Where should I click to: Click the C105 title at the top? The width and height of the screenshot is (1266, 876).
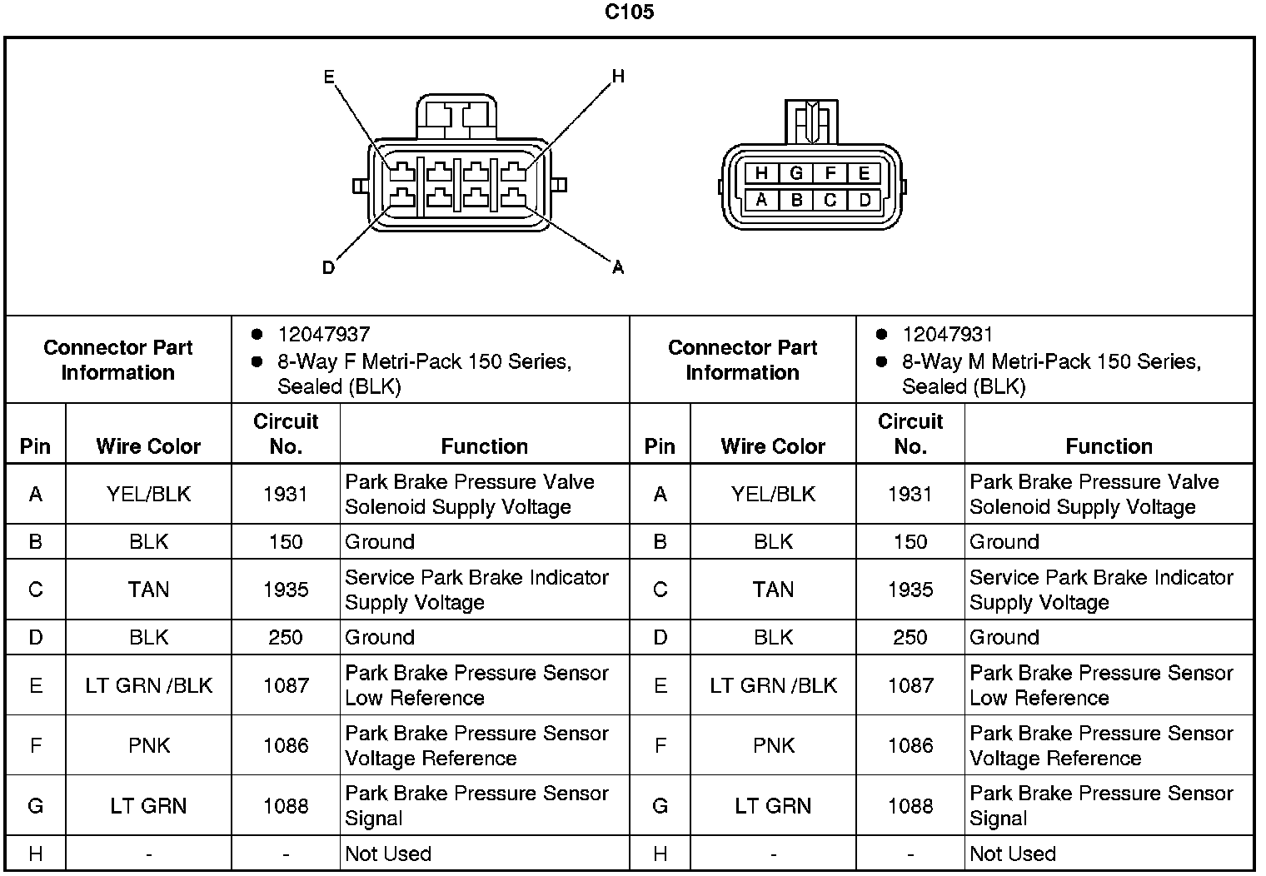tap(629, 12)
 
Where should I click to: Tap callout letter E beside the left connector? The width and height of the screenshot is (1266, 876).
tap(329, 77)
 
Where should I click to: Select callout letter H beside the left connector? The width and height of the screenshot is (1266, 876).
tap(618, 77)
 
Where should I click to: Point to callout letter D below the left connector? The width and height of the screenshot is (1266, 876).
tap(328, 268)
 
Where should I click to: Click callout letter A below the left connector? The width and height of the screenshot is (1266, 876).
tap(618, 268)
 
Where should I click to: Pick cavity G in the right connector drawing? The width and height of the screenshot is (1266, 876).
tap(796, 173)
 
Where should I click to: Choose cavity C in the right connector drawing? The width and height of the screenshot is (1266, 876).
tap(830, 200)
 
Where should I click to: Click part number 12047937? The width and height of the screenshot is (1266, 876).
tap(323, 335)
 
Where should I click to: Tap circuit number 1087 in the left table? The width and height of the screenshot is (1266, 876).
tap(286, 685)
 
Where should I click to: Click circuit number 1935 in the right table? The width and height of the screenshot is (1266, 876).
tap(910, 590)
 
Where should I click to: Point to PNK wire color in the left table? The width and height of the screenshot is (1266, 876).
tap(149, 745)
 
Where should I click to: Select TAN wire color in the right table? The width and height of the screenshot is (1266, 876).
tap(773, 590)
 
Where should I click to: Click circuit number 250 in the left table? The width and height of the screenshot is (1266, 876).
tap(286, 637)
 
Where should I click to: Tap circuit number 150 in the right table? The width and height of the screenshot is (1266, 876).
tap(910, 542)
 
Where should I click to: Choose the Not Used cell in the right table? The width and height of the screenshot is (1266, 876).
tap(1013, 854)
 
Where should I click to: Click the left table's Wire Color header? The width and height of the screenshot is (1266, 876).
tap(148, 446)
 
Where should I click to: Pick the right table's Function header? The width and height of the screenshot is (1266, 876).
tap(1109, 446)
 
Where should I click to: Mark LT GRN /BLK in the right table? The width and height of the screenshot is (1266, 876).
tap(773, 685)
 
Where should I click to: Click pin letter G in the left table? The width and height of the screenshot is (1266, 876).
tap(35, 806)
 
